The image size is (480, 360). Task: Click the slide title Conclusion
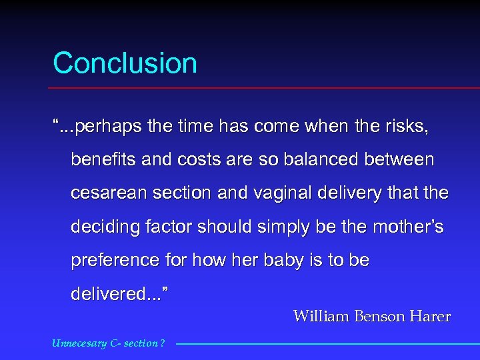125,63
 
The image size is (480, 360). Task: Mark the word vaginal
295,193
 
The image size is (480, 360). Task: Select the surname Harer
431,317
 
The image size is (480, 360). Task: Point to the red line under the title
267,88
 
